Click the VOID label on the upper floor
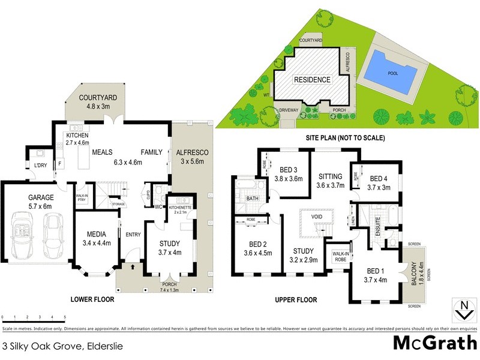pyautogui.click(x=317, y=217)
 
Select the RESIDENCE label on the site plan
pyautogui.click(x=311, y=80)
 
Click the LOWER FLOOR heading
pyautogui.click(x=92, y=299)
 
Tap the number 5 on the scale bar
pyautogui.click(x=64, y=317)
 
